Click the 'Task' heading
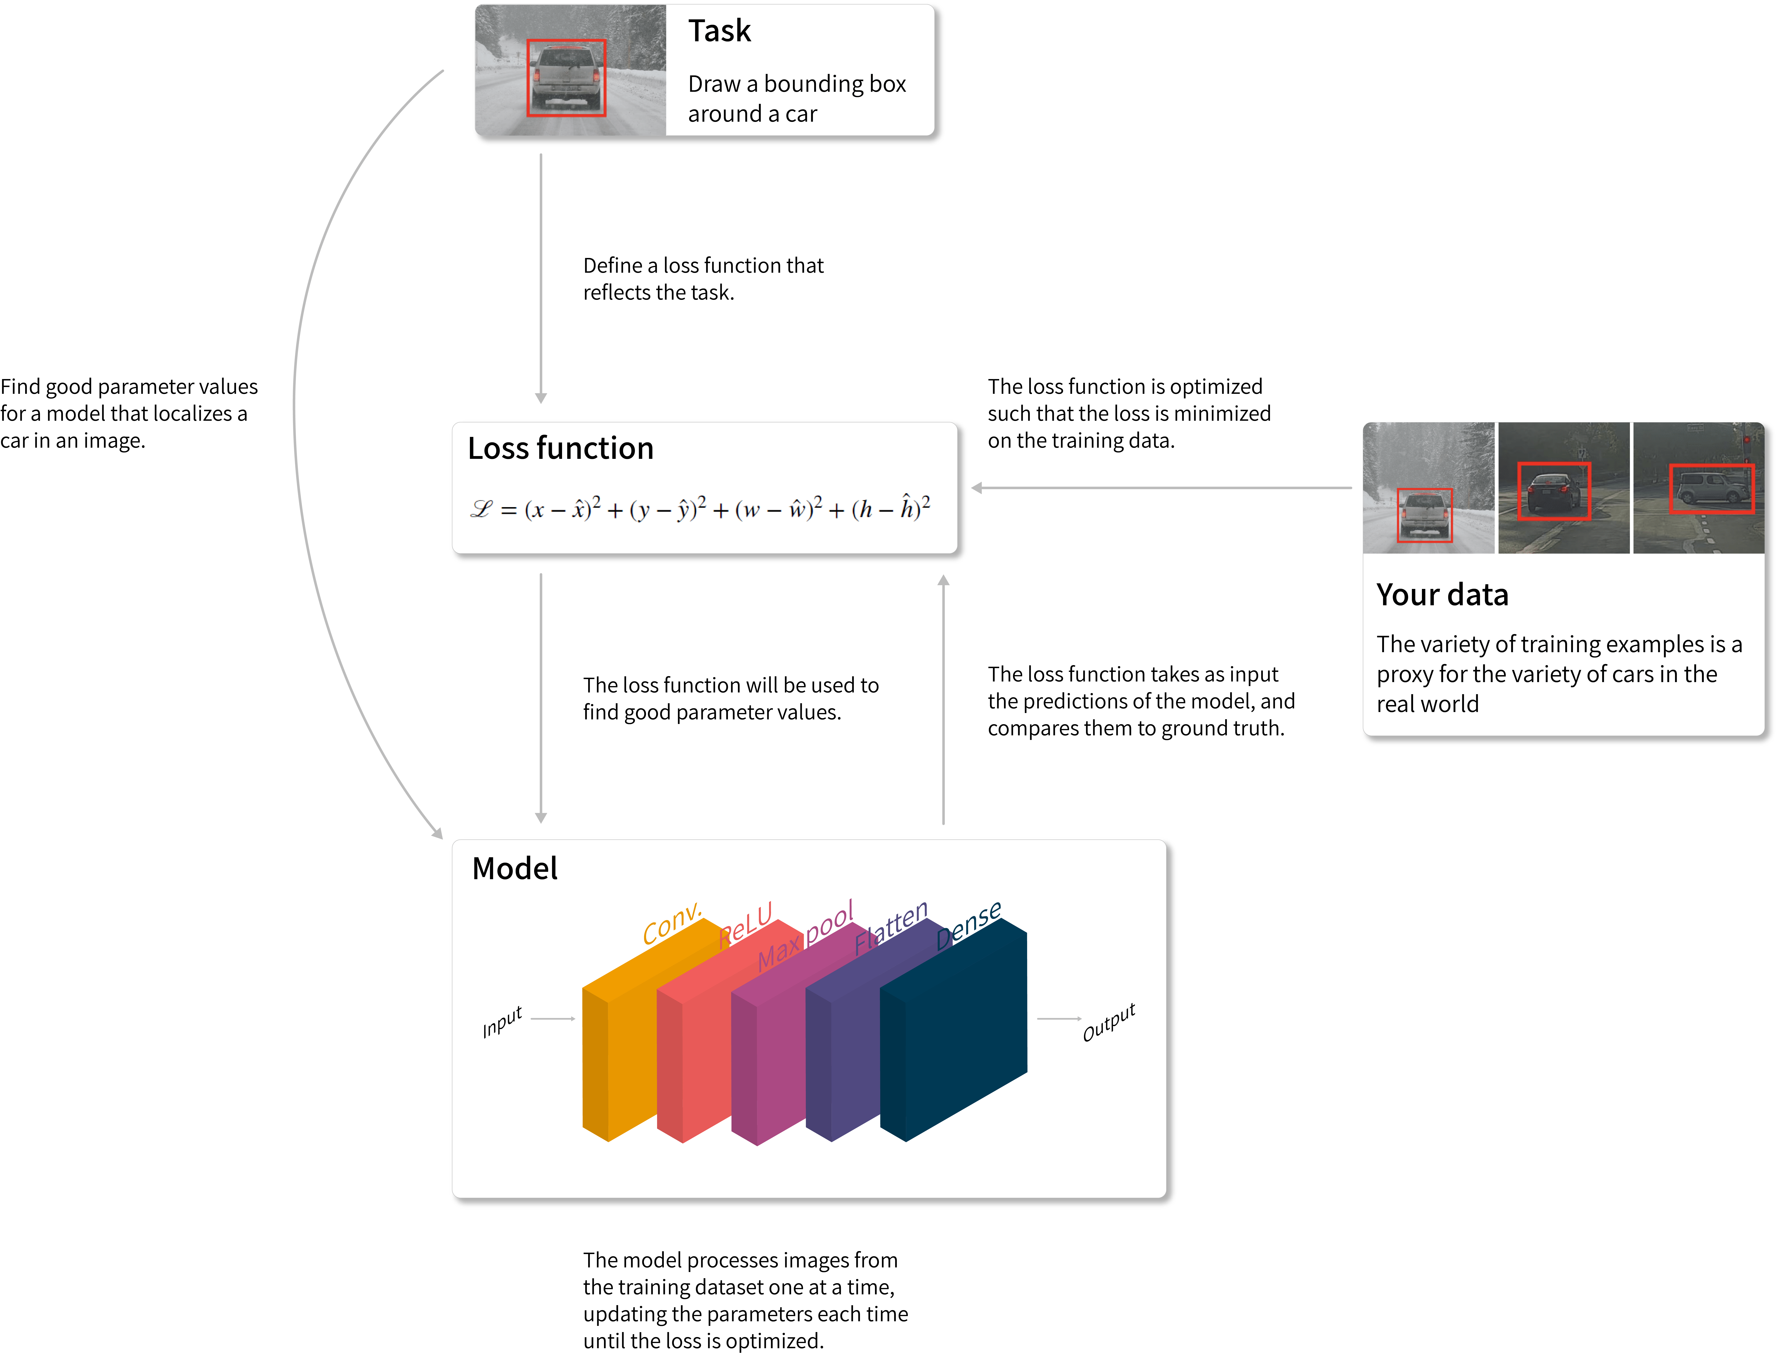tap(719, 32)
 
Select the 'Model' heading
tap(514, 869)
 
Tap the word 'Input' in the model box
tap(502, 1022)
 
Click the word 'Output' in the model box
tap(1109, 1022)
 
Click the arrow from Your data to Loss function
tap(1161, 488)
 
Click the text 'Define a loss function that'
tap(703, 266)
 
